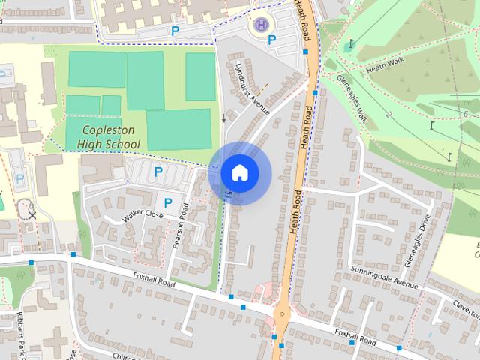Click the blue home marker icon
click(239, 172)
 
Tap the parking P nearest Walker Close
click(168, 202)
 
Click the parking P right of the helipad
click(272, 40)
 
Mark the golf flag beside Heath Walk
click(350, 43)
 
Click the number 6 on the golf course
click(466, 113)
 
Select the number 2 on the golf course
click(388, 115)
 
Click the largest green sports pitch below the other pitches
click(178, 129)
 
